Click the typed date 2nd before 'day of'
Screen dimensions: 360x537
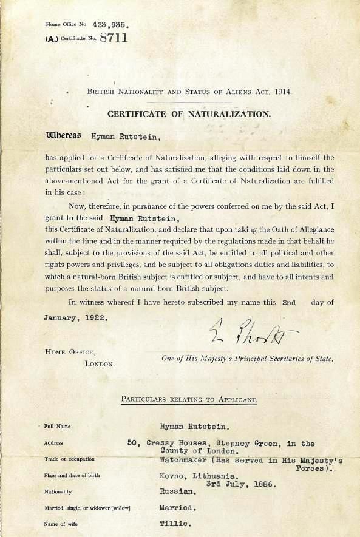coord(289,302)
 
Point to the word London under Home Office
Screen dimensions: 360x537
coord(100,363)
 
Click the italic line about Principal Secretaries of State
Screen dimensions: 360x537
coord(247,359)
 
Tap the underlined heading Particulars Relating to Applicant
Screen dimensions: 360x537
coord(189,399)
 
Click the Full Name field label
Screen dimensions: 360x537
coord(58,427)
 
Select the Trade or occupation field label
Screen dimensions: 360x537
coord(69,459)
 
